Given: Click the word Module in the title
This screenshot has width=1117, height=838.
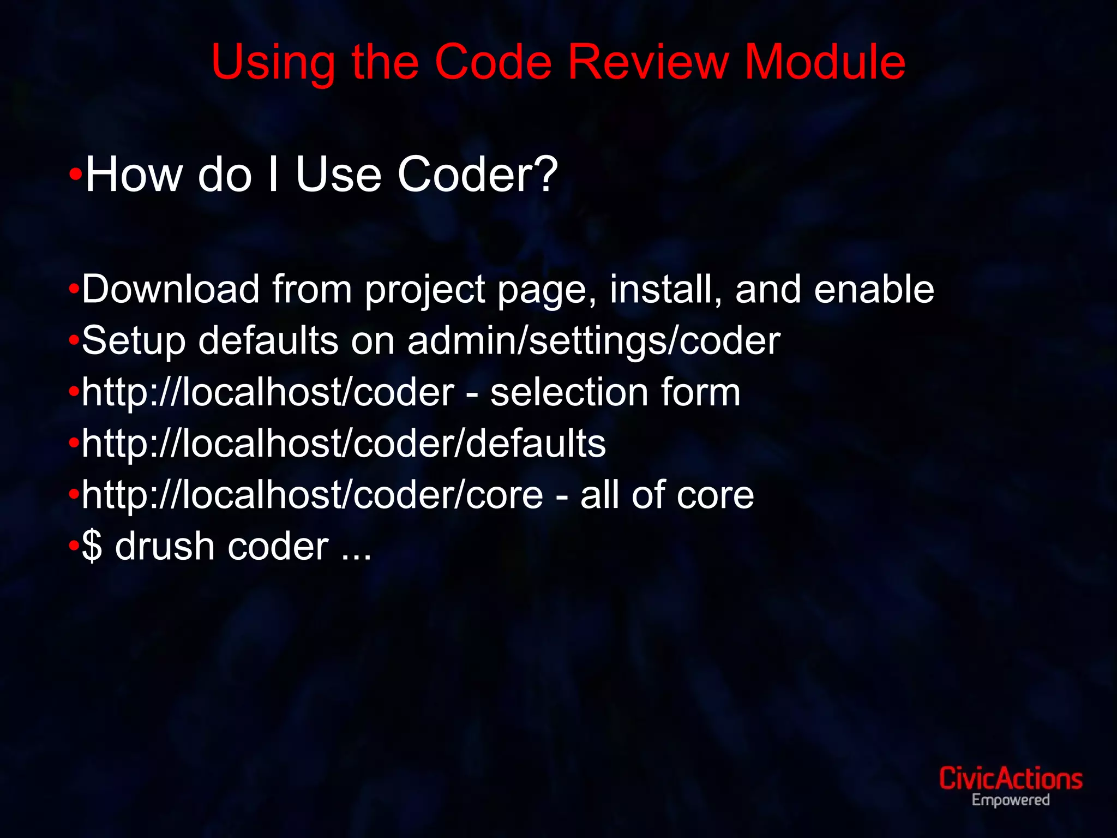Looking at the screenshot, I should tap(825, 62).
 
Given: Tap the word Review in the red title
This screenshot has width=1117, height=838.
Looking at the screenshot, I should tap(648, 62).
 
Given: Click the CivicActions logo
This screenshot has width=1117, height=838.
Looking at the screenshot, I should tap(1011, 779).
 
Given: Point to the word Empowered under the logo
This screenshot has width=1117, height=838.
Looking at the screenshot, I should tap(1011, 801).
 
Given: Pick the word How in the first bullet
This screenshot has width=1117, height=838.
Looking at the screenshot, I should tap(134, 175).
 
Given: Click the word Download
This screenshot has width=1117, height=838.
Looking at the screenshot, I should tap(171, 289).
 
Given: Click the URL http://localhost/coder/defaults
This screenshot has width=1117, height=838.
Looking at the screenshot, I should tap(344, 444).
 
